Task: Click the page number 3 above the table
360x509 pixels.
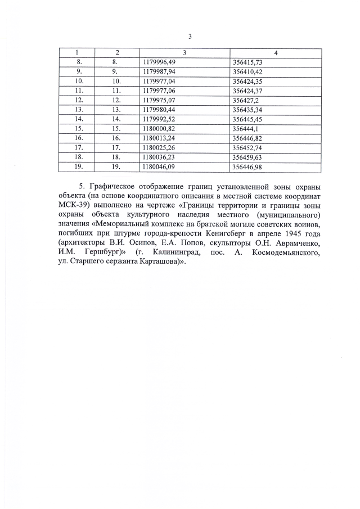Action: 190,37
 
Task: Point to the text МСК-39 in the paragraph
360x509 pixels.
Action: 71,205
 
